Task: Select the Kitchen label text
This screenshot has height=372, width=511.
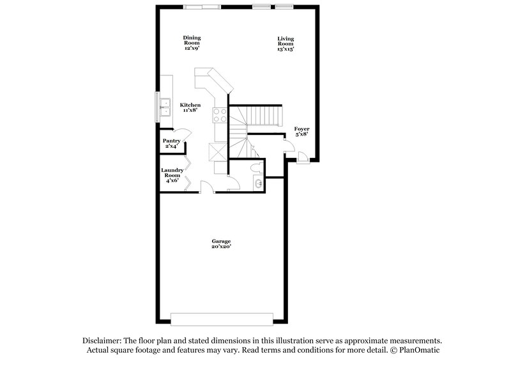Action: [x=190, y=105]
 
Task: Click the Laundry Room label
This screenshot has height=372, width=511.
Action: [x=172, y=173]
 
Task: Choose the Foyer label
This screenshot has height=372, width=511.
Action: [x=301, y=129]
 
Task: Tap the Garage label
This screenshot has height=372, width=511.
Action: [x=222, y=241]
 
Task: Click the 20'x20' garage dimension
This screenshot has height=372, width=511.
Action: [x=222, y=247]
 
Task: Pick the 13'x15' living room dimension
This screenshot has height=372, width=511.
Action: [x=286, y=49]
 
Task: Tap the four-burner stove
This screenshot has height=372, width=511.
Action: [x=220, y=114]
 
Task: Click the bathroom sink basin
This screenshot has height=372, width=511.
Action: [x=256, y=185]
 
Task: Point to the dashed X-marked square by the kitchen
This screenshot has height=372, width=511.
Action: [x=216, y=152]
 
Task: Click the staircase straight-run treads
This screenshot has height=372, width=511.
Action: [x=264, y=116]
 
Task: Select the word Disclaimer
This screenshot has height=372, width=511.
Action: [x=103, y=341]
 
